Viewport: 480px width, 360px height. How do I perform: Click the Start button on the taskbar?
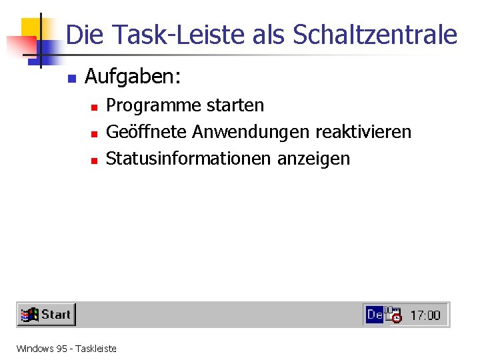(x=46, y=315)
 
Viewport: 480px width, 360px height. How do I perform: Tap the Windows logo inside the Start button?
(x=29, y=315)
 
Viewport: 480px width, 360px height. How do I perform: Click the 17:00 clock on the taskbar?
(x=425, y=315)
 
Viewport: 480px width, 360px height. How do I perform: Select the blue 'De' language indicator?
(x=374, y=314)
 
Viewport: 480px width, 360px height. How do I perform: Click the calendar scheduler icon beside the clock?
(x=393, y=315)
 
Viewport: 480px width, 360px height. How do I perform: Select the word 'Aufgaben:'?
(x=133, y=78)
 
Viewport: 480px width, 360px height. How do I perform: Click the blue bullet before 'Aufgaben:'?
(x=72, y=79)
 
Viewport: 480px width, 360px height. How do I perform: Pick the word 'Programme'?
(x=149, y=105)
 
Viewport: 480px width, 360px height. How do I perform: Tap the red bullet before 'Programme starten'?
(x=95, y=107)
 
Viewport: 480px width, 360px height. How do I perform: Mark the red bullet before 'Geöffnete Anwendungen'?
(x=95, y=133)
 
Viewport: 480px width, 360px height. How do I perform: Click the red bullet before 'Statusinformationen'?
(x=95, y=160)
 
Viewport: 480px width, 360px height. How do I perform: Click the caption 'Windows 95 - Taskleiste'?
(x=66, y=348)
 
